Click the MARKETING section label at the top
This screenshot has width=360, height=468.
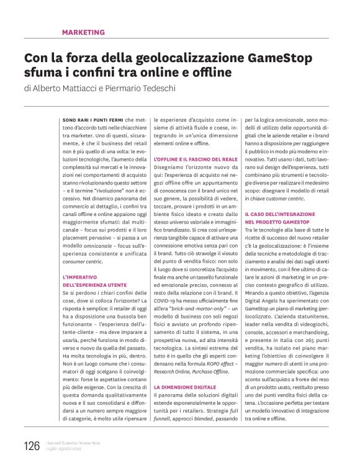pos(83,32)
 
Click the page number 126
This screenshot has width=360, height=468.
pos(32,446)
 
